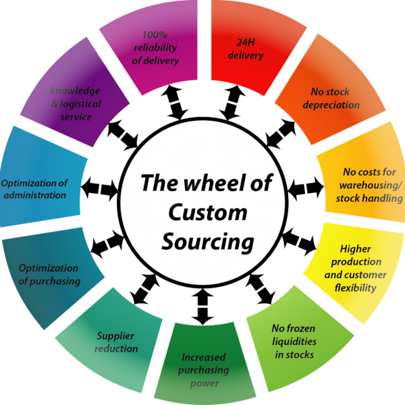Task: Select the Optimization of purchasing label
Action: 49,274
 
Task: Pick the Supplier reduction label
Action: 116,342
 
